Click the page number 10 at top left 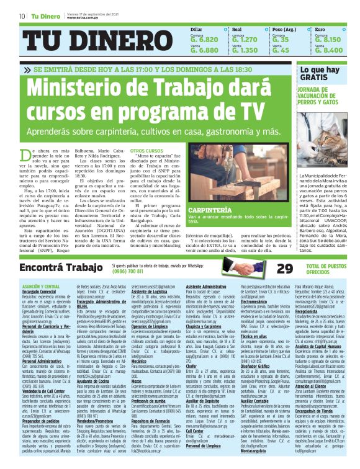point(22,16)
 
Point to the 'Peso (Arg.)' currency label point(285,29)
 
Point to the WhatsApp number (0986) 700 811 point(128,272)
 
